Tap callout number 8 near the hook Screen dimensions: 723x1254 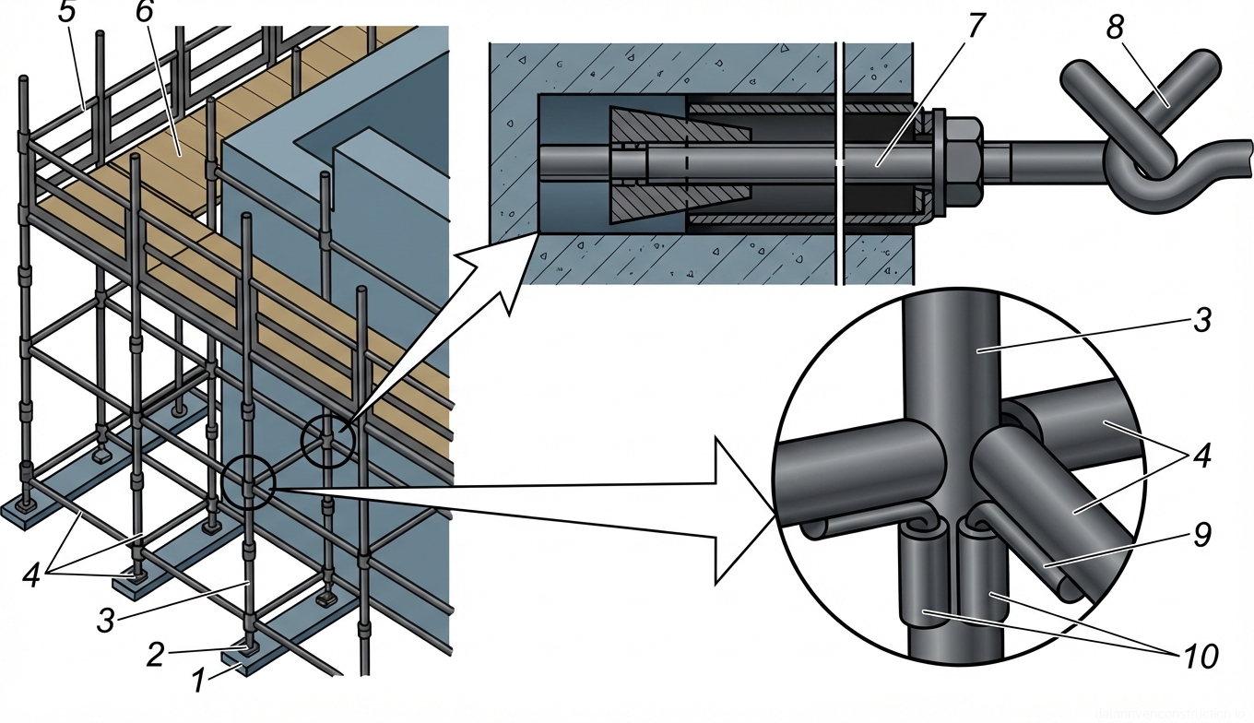1116,27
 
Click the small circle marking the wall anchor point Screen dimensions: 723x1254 328,441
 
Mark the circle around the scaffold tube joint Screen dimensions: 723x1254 248,482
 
